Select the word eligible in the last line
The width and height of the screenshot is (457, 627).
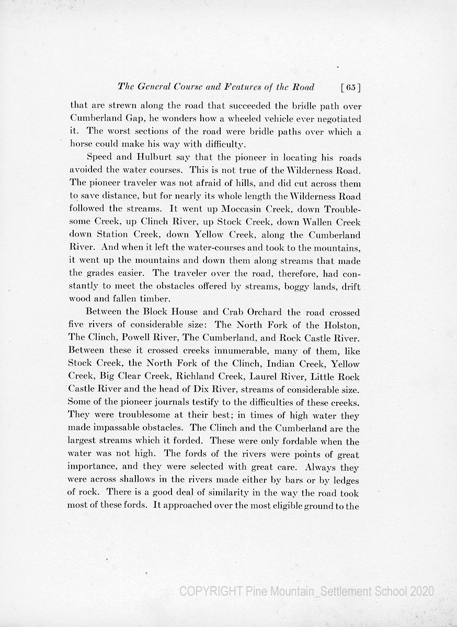(x=285, y=506)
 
